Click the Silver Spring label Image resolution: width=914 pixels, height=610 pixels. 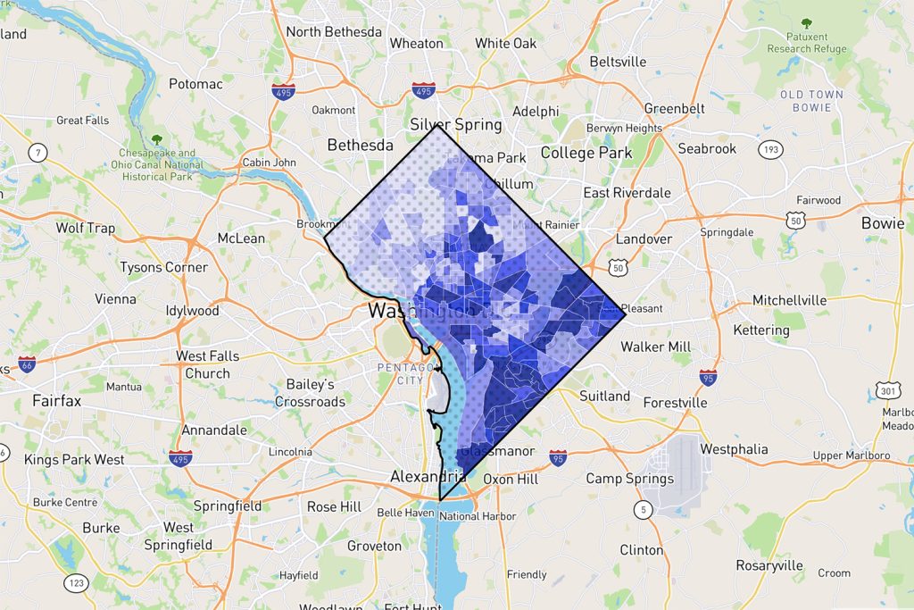coord(455,124)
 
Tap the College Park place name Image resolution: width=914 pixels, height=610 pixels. coord(586,153)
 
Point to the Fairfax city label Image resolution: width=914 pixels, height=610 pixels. coord(56,401)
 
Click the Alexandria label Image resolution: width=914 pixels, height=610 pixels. coord(428,477)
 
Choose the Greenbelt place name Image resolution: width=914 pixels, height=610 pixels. coord(675,109)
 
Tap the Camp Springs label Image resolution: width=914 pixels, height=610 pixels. coord(629,479)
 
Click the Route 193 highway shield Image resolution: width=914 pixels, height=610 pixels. coord(769,148)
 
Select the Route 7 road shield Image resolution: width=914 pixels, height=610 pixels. coord(38,152)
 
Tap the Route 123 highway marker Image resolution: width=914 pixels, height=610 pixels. coord(77,583)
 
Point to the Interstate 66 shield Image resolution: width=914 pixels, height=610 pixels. coord(27,364)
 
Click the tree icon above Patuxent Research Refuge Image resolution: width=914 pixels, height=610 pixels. coord(807,24)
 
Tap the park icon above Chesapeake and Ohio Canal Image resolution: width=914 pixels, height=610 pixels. coord(157,139)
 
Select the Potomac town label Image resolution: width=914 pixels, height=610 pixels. coord(195,84)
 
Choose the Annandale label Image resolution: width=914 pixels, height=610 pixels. coord(214,430)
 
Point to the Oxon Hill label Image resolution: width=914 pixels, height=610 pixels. coord(510,479)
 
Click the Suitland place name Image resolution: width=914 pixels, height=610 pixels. coord(604,396)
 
